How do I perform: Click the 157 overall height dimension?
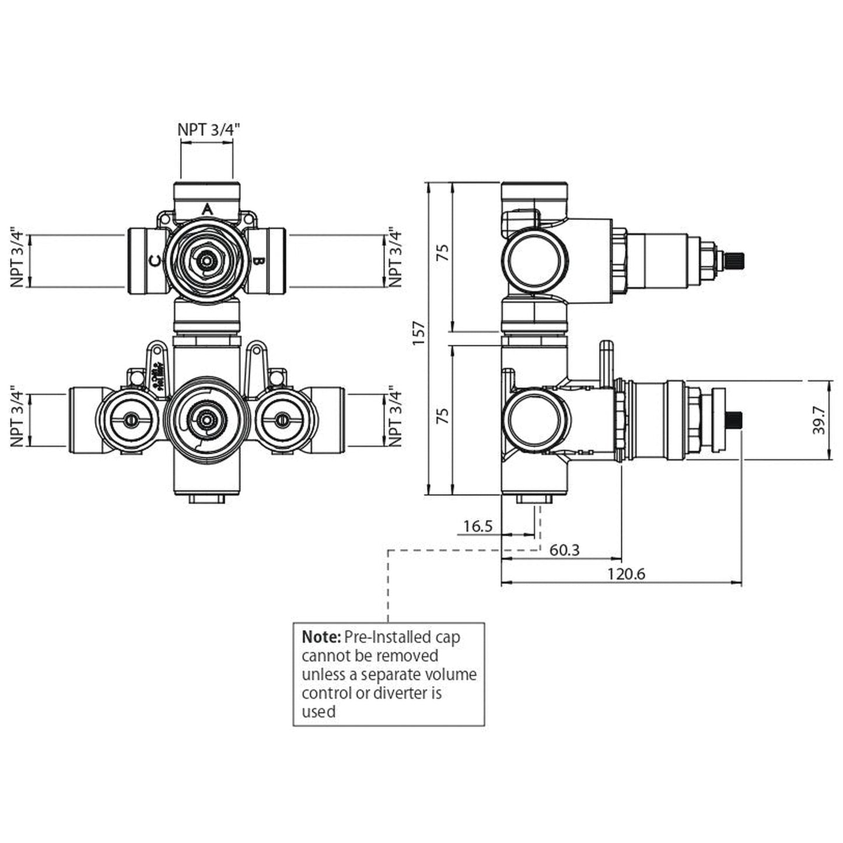point(419,333)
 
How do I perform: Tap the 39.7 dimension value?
point(820,420)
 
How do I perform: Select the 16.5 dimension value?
point(478,526)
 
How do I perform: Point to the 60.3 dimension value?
point(564,550)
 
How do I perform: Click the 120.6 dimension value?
point(626,574)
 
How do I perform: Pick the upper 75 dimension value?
point(443,253)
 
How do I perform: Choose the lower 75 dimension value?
point(443,415)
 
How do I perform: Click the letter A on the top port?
point(207,209)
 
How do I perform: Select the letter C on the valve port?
point(155,261)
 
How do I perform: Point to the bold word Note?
point(321,637)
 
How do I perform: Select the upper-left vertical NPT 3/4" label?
point(18,259)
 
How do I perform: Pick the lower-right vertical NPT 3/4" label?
point(396,416)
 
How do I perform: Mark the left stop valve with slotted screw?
point(129,419)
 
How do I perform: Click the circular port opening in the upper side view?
point(536,260)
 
